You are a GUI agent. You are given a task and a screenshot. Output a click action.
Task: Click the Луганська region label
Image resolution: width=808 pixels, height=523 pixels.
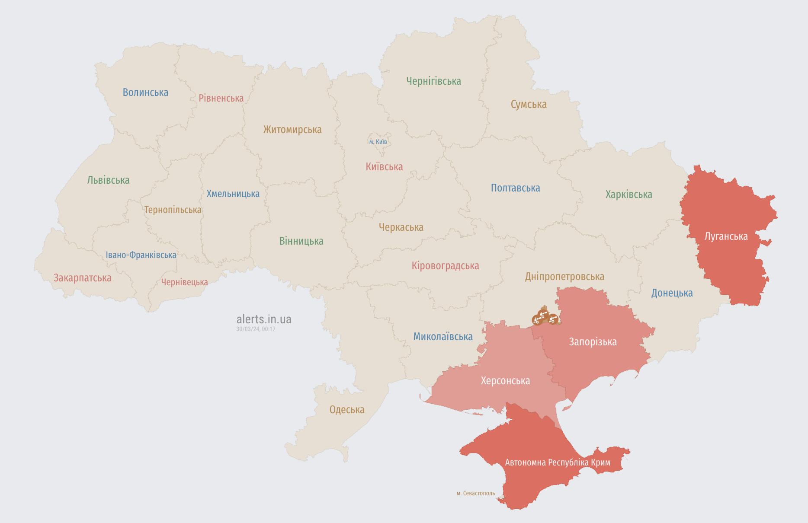(726, 236)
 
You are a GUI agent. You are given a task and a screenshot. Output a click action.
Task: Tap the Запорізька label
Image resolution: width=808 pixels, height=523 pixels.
(593, 342)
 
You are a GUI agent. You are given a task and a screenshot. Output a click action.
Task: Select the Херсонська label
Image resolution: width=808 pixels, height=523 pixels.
(505, 381)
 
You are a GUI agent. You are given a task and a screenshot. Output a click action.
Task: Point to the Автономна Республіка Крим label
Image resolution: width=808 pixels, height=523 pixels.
(558, 462)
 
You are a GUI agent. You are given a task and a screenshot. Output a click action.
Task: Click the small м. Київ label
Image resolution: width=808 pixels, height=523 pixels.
(378, 142)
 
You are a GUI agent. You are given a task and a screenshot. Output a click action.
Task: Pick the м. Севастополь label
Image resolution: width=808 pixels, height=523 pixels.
(475, 493)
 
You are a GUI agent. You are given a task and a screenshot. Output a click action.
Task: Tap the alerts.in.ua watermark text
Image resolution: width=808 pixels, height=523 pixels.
(264, 319)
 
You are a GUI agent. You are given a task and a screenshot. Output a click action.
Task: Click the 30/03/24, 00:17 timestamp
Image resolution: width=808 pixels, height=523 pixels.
(256, 329)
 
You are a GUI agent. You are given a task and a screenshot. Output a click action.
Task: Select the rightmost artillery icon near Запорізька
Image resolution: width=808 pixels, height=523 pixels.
(553, 319)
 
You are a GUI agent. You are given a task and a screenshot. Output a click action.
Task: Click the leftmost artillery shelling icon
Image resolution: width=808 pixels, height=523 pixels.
(537, 320)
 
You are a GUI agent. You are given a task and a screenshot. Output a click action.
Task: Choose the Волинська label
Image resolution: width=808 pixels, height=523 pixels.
(145, 92)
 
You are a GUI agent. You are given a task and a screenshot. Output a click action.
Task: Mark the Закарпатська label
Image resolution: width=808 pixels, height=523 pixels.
(82, 278)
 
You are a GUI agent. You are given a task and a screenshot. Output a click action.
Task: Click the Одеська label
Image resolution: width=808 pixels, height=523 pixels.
(347, 410)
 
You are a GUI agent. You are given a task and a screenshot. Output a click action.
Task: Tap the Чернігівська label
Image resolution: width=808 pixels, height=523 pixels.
(433, 81)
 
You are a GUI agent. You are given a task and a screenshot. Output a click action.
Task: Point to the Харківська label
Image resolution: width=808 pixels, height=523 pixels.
(628, 195)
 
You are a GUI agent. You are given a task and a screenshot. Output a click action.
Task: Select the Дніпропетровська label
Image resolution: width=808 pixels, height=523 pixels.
(564, 277)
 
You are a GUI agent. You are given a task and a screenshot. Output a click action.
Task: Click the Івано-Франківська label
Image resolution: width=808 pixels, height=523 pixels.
(141, 255)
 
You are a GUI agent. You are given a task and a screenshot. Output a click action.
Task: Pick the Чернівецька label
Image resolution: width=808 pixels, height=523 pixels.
(184, 282)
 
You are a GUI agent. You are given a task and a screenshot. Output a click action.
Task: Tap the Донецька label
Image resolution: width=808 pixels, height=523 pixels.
(672, 293)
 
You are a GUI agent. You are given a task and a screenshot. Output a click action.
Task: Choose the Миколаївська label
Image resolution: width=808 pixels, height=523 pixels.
(442, 337)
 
